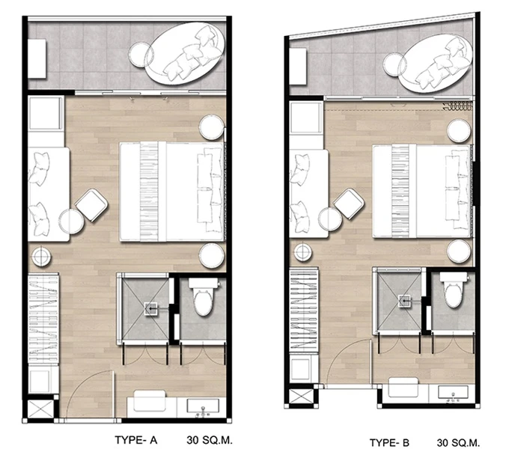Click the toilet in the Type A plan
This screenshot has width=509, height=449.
pos(204,297)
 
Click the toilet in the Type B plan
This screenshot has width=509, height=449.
pos(454,290)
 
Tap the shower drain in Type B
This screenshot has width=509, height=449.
pos(403,301)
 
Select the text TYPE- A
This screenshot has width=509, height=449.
pos(136,440)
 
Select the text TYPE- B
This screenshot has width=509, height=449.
pos(389,442)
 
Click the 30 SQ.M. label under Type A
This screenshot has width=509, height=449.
pos(210,440)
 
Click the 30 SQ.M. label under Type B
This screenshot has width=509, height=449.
pos(458,442)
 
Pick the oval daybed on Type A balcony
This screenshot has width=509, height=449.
pos(184,54)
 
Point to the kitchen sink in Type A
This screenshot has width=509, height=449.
pos(203,408)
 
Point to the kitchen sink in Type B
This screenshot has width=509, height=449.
pos(453,394)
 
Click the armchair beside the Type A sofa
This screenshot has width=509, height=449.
pos(91,205)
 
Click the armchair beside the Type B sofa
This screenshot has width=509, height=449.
pos(348,204)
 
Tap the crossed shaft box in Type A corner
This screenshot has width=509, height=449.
pos(40,409)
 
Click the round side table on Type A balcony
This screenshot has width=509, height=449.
pos(141,55)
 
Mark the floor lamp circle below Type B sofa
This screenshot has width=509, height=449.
pos(303,251)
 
